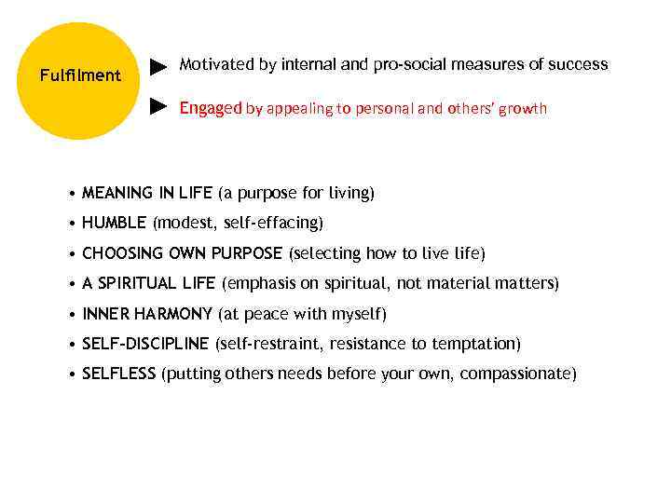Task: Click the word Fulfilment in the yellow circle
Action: pyautogui.click(x=80, y=75)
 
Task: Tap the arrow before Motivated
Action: pyautogui.click(x=159, y=66)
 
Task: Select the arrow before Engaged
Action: pyautogui.click(x=159, y=108)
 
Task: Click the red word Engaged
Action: pyautogui.click(x=210, y=109)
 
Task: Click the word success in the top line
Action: pyautogui.click(x=577, y=65)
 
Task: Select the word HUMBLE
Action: pyautogui.click(x=114, y=224)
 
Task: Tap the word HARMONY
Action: pyautogui.click(x=173, y=314)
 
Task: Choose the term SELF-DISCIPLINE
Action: pyautogui.click(x=145, y=344)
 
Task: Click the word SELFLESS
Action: pyautogui.click(x=119, y=374)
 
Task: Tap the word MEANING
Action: pyautogui.click(x=117, y=193)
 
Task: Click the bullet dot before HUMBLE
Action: pyautogui.click(x=73, y=224)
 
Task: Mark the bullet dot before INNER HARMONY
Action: pyautogui.click(x=73, y=315)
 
